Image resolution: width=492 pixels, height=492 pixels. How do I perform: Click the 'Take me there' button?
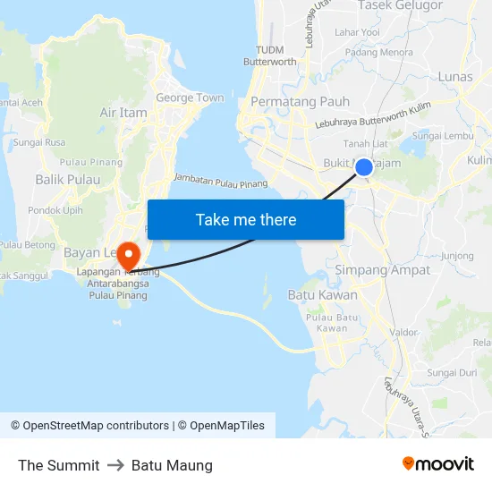[246, 220]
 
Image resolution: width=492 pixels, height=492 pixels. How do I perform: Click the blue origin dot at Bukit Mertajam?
[364, 166]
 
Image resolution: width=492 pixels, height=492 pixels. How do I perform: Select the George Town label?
[190, 98]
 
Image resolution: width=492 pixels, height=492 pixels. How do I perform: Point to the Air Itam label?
[123, 113]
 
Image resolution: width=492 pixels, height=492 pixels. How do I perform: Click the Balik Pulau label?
[60, 180]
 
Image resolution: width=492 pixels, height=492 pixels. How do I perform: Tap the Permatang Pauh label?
[300, 101]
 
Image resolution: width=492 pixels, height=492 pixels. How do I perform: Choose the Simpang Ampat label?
[382, 269]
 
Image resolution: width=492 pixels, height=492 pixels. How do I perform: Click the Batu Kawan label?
[322, 294]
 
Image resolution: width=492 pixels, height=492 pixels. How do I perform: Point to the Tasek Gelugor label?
[400, 5]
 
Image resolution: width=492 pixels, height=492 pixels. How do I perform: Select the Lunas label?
[455, 77]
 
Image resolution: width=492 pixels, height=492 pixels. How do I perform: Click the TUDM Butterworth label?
[270, 55]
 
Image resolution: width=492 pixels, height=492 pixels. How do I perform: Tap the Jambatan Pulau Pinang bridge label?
[221, 181]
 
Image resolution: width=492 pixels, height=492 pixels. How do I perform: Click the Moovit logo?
[437, 464]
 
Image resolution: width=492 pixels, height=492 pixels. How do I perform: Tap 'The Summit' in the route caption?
[59, 465]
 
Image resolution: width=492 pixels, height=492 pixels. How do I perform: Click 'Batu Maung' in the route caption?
[172, 465]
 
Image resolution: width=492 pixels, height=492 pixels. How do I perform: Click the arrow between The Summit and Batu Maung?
[115, 465]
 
